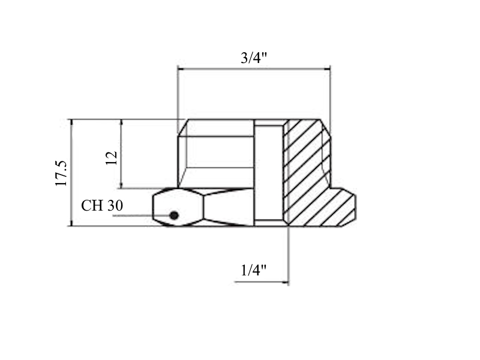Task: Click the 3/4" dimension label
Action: pos(254,58)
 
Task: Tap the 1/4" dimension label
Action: pos(253,271)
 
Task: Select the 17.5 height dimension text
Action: pos(61,173)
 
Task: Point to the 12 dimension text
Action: pos(112,158)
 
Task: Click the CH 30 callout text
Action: pos(102,205)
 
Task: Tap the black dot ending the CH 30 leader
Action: pos(174,215)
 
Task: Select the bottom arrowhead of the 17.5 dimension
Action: pos(71,223)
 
